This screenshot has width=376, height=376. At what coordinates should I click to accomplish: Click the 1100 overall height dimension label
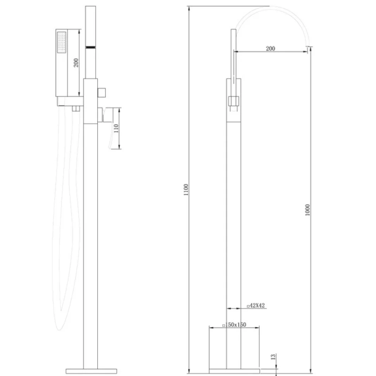186,190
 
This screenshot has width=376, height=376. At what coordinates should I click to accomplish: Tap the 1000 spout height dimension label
307,210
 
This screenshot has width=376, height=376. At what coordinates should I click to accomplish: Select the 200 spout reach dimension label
270,48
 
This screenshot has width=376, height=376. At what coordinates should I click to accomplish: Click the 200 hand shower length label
76,62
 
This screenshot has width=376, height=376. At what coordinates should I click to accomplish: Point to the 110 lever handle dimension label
116,129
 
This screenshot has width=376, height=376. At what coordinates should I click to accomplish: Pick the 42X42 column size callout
256,305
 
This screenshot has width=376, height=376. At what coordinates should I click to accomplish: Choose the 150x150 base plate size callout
234,325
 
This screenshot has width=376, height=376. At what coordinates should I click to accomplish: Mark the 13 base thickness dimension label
273,357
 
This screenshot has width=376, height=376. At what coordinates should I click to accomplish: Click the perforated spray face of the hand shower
62,42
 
